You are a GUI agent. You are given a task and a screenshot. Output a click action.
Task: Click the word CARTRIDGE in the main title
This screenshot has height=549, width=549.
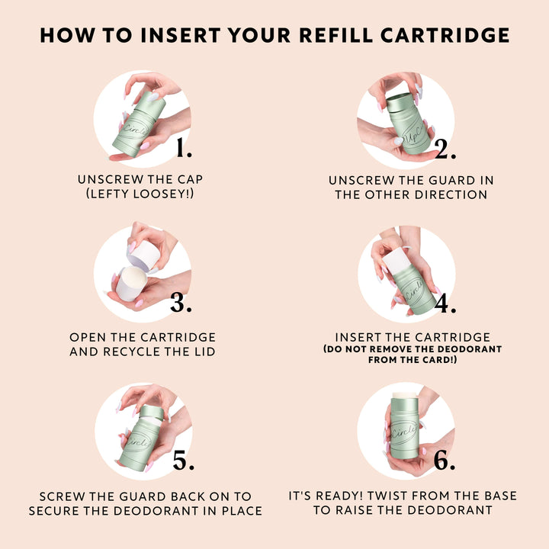(445, 35)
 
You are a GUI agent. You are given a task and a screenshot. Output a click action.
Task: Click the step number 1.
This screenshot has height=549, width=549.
(184, 147)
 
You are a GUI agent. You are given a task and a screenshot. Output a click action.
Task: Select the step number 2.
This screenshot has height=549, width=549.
(445, 149)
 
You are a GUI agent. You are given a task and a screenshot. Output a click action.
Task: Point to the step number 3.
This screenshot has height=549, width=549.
(181, 302)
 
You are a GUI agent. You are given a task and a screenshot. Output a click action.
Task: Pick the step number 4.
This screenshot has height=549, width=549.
(445, 303)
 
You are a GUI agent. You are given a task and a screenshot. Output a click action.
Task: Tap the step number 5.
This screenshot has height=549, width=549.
(183, 460)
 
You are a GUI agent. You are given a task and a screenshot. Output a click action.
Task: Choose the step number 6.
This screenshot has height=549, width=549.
(445, 459)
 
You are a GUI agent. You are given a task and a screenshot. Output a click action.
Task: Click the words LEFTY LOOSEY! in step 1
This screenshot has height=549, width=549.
(140, 194)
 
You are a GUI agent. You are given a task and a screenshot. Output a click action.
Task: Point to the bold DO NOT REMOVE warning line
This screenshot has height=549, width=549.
(413, 349)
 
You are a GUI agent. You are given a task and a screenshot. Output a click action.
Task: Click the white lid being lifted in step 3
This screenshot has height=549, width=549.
(143, 255)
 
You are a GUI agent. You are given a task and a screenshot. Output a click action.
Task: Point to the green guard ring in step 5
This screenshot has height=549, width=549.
(152, 413)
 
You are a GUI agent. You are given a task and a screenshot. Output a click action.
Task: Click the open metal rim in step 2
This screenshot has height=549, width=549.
(400, 98)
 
